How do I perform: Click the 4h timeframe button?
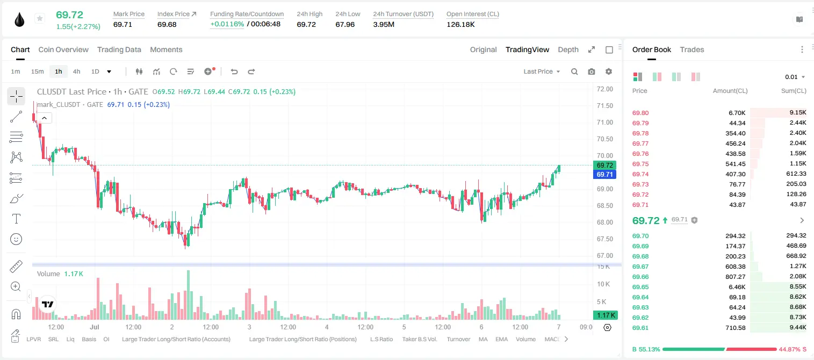tap(76, 71)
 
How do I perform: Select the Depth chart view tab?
tap(568, 50)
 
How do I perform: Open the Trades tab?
tap(692, 50)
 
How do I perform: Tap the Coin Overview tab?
tap(63, 50)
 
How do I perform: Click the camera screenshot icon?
tap(592, 71)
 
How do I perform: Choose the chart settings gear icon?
tap(609, 71)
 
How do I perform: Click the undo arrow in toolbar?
tap(234, 71)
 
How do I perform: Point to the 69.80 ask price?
tap(640, 113)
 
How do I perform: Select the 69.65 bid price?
tap(640, 287)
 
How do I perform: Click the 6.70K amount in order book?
tap(737, 113)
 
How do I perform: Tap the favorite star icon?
tap(40, 18)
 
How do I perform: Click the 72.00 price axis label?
tap(604, 89)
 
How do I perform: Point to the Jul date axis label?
tap(95, 327)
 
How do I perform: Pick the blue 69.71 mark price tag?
tap(604, 175)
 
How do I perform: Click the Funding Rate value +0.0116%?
tap(227, 24)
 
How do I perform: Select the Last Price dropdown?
tap(542, 71)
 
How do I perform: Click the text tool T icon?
tap(16, 219)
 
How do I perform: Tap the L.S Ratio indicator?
tap(381, 339)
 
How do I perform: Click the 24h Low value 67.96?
tap(345, 24)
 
